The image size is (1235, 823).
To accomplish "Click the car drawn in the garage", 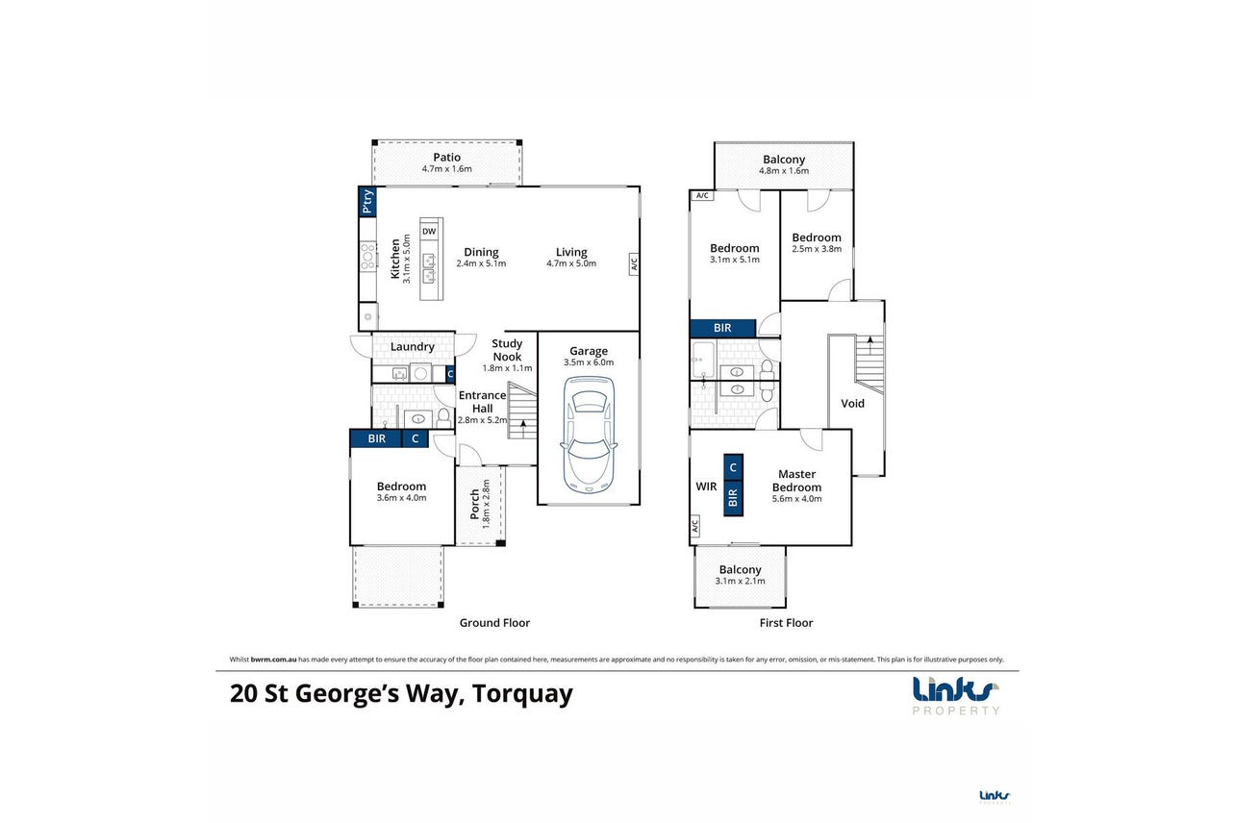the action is (x=589, y=435).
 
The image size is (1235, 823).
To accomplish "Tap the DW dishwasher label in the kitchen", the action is (x=429, y=232).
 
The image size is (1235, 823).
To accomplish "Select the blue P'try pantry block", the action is (x=367, y=202).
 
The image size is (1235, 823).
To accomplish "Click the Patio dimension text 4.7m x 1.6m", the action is (x=446, y=169).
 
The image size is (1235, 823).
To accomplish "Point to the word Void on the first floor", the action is (x=852, y=404).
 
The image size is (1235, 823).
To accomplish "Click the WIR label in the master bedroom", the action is (x=706, y=486).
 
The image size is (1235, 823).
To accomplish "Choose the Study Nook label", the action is (x=507, y=350).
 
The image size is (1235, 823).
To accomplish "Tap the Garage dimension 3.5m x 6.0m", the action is (x=589, y=362).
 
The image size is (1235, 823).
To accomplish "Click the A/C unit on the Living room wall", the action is (x=634, y=264).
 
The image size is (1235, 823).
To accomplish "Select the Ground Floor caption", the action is (x=494, y=623).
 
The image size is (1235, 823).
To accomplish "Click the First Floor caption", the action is (x=786, y=623).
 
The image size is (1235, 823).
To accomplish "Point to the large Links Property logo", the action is (x=955, y=696).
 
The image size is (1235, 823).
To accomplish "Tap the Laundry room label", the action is (x=413, y=347).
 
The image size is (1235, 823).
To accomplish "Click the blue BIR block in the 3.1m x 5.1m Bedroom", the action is (x=722, y=328).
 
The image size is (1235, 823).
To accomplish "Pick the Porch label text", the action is (x=475, y=505).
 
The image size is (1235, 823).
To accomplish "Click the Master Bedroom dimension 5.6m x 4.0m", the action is (x=796, y=499).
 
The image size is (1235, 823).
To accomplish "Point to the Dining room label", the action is (x=481, y=253).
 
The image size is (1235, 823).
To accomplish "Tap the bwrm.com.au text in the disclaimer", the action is (x=273, y=660).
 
